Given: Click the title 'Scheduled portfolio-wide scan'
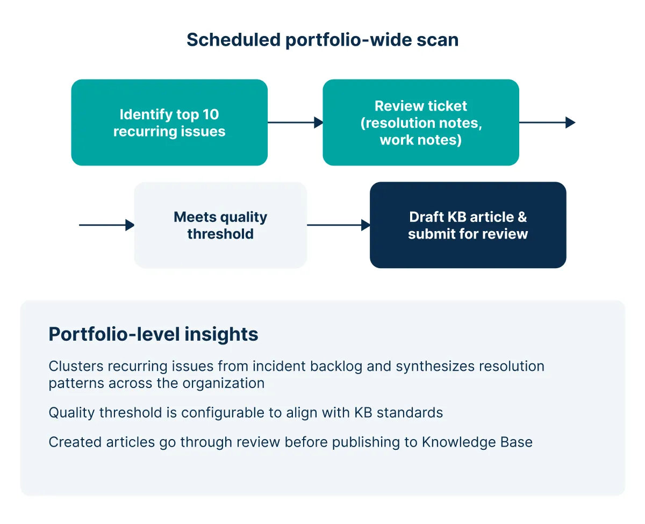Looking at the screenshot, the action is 322,40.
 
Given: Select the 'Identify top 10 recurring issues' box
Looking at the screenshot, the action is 169,123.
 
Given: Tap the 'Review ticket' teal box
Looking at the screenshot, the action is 421,123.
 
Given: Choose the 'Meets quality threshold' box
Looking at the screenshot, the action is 220,225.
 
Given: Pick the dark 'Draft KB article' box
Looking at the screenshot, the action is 468,225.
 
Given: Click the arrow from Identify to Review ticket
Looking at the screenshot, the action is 295,123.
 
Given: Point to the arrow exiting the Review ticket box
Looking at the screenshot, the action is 547,123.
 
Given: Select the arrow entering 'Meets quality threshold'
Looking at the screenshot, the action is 106,225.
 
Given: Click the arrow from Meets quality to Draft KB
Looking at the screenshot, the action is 339,225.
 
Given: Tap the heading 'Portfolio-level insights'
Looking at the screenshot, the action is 153,334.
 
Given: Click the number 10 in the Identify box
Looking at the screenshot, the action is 211,114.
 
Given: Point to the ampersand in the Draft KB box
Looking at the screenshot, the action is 522,217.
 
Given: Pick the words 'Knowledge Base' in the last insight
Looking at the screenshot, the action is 477,442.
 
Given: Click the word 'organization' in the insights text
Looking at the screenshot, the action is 224,384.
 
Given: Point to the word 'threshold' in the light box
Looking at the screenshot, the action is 220,234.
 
